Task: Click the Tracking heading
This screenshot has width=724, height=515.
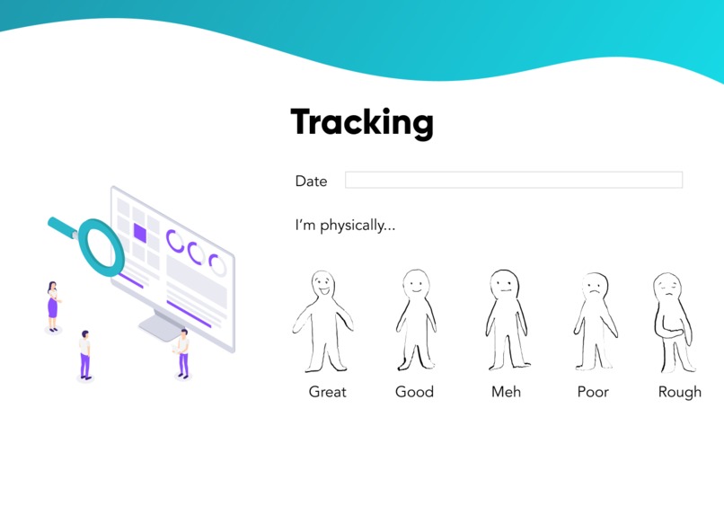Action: click(362, 122)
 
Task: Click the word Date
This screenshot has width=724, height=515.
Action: click(311, 181)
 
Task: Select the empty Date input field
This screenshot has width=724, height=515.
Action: click(513, 180)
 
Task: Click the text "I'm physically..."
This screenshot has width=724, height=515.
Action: click(345, 225)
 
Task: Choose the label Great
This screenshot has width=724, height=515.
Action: click(327, 392)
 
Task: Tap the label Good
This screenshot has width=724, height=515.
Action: click(414, 392)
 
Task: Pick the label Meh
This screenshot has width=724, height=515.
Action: click(506, 392)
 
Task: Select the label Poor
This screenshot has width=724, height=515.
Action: click(593, 392)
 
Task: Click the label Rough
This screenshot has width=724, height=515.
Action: click(679, 392)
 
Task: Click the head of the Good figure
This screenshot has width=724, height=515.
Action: click(414, 285)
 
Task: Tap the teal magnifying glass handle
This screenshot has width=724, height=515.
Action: click(63, 226)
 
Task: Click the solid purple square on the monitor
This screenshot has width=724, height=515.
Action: click(139, 233)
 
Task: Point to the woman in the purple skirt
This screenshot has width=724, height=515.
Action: click(52, 306)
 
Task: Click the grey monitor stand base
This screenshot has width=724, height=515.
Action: click(162, 331)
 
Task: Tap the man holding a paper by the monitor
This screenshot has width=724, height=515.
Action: click(182, 352)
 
